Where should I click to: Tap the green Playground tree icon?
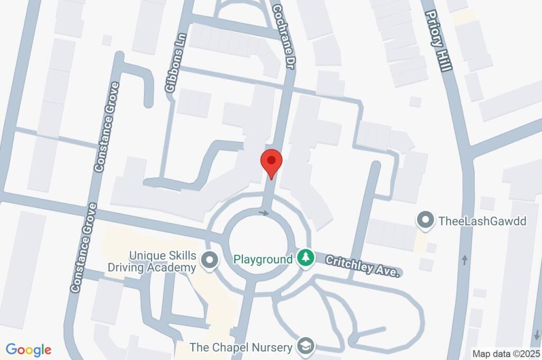click(x=305, y=259)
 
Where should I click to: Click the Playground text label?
click(x=263, y=259)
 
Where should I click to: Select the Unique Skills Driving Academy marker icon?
click(x=210, y=260)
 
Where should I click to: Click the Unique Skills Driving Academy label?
click(x=152, y=261)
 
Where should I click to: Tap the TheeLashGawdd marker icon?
click(x=424, y=220)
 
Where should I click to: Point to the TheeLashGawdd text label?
click(x=483, y=221)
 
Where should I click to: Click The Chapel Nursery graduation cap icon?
click(x=305, y=347)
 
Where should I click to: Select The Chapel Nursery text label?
click(x=241, y=347)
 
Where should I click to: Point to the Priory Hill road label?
click(x=439, y=41)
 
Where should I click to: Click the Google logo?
click(x=29, y=350)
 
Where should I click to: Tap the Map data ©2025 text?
click(x=506, y=353)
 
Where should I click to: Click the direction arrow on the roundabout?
click(x=265, y=213)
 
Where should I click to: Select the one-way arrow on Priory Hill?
click(x=465, y=260)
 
